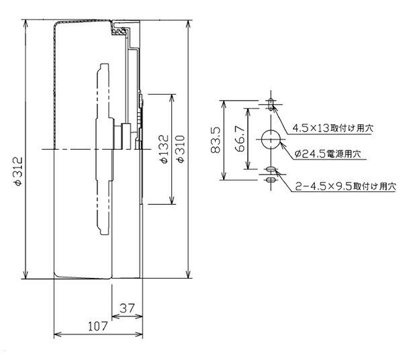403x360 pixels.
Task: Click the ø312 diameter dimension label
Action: (19, 171)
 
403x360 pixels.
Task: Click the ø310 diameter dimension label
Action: (181, 149)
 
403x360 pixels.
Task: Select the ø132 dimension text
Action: (164, 149)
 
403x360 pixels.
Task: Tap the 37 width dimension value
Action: (127, 308)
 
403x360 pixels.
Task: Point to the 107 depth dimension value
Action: (97, 326)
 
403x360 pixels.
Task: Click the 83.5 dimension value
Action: (216, 140)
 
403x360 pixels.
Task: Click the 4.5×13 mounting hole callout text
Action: (333, 128)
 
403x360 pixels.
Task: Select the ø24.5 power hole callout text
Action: (328, 154)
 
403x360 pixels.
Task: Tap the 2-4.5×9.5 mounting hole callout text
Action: (346, 186)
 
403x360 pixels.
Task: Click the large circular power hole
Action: (271, 140)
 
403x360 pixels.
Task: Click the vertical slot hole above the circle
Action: (271, 104)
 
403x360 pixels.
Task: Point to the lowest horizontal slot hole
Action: (271, 180)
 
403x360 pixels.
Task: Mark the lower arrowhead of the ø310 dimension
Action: (189, 275)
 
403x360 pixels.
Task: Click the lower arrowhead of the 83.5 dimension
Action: (224, 176)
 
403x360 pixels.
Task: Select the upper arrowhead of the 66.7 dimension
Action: (247, 112)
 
